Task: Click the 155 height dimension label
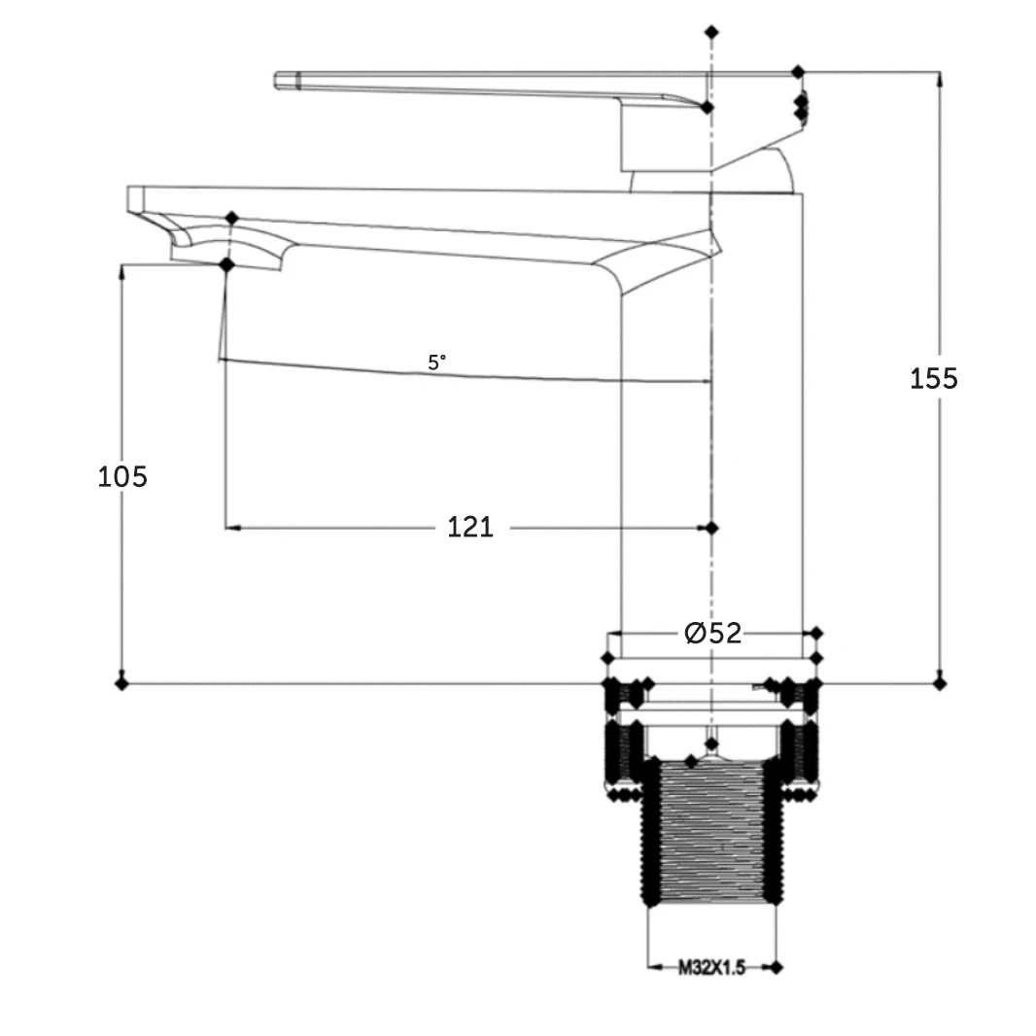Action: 934,379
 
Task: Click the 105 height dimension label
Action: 122,476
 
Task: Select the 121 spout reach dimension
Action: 470,528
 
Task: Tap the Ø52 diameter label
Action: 713,633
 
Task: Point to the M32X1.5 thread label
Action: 711,968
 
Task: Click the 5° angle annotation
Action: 436,363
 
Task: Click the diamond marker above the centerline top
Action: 711,32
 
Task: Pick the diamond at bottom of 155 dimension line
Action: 940,683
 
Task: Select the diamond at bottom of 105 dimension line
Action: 121,683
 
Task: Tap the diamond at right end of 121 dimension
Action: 711,528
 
